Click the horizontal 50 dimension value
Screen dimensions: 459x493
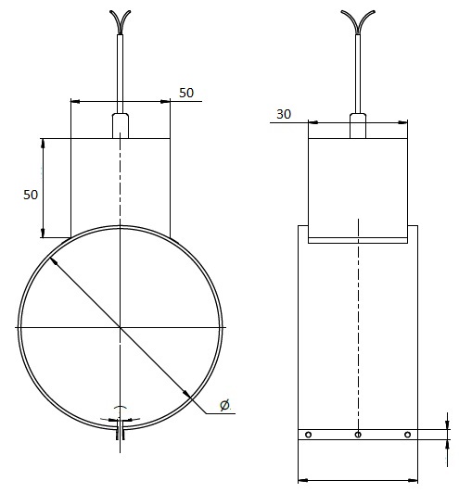coord(186,93)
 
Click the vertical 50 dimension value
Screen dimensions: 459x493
coord(31,195)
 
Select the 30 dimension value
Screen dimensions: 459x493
coord(284,114)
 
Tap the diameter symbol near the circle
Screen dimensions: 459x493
coord(224,405)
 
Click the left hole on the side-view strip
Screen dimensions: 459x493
coord(308,435)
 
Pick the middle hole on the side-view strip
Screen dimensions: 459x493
coord(358,435)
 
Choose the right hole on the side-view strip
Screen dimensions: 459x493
coord(407,435)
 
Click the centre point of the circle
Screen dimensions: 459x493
coord(120,328)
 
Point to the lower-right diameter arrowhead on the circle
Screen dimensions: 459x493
coord(186,394)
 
